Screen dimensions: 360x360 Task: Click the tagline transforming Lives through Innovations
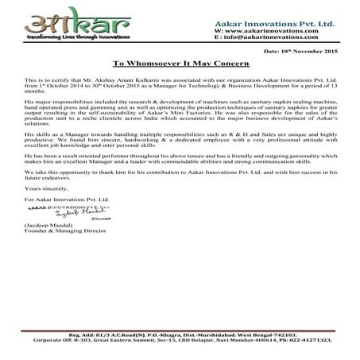pos(53,36)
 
